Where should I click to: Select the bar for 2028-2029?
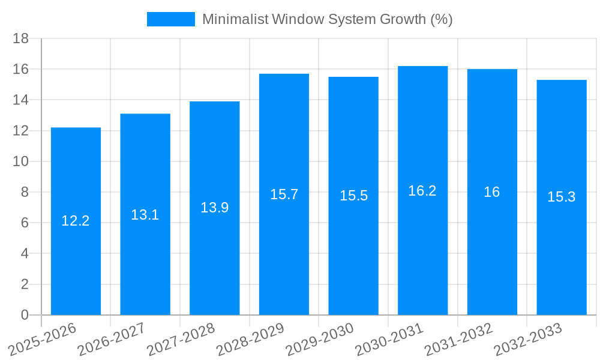284,252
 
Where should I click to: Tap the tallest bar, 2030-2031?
422,252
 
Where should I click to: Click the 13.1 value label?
145,215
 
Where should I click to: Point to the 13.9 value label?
214,208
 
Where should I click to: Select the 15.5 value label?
353,196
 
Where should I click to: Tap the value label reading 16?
492,192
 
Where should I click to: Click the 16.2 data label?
422,191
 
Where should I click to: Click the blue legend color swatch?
171,19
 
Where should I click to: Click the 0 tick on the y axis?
25,315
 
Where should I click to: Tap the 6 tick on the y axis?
25,223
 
